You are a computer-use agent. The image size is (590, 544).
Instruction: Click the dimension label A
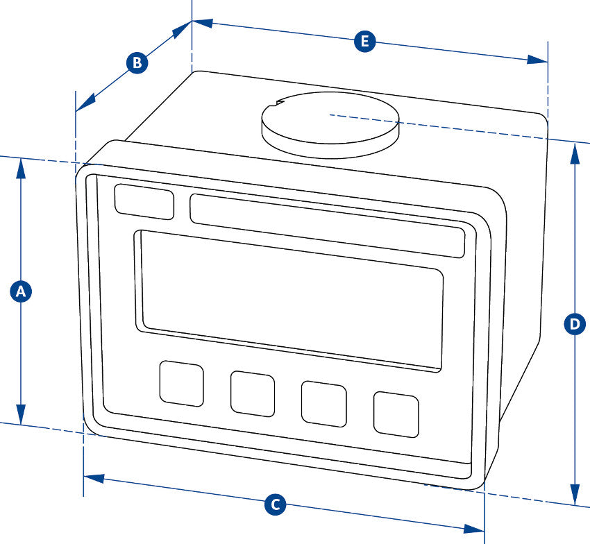[x=21, y=291]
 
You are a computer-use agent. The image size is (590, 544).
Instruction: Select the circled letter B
[x=137, y=63]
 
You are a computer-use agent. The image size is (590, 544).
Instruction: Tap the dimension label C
[x=276, y=504]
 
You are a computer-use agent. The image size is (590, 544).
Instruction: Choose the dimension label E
[x=363, y=42]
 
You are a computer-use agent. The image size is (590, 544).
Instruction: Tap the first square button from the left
[x=182, y=383]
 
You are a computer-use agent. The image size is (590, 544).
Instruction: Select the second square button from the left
[x=253, y=393]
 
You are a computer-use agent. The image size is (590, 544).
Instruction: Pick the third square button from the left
[x=323, y=403]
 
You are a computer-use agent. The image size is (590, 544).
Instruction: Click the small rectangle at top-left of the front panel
[x=144, y=202]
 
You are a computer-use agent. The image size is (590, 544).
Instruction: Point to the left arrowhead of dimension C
[x=92, y=479]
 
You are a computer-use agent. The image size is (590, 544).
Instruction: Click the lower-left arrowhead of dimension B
[x=81, y=106]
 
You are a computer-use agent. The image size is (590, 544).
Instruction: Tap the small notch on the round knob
[x=280, y=105]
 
